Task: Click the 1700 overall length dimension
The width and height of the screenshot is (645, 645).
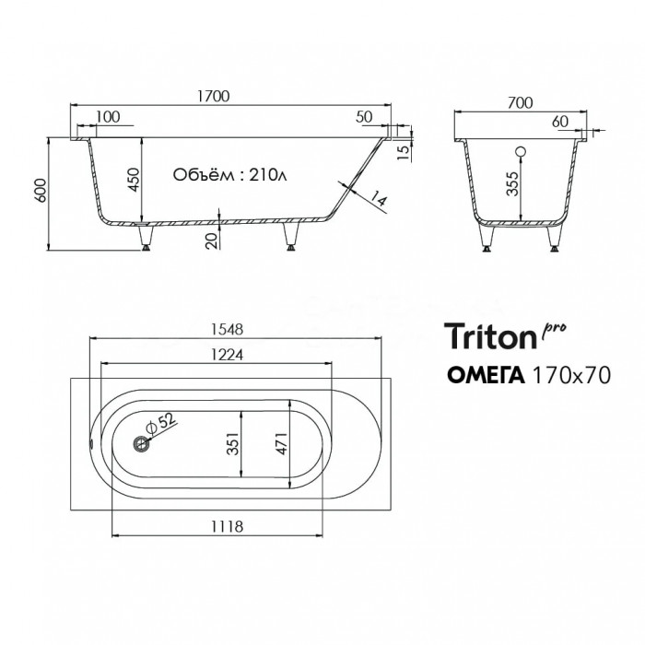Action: pyautogui.click(x=213, y=96)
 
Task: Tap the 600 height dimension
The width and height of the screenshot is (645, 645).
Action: pyautogui.click(x=41, y=191)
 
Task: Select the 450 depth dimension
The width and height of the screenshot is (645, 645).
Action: pyautogui.click(x=135, y=180)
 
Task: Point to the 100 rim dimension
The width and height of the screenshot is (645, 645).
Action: pyautogui.click(x=108, y=117)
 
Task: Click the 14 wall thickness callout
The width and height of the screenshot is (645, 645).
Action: pyautogui.click(x=379, y=198)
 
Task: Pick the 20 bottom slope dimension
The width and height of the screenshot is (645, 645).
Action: pyautogui.click(x=211, y=240)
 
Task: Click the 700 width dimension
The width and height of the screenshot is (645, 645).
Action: pyautogui.click(x=520, y=102)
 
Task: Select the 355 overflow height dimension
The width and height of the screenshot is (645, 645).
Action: pyautogui.click(x=512, y=183)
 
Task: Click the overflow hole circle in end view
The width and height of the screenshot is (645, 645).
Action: pyautogui.click(x=522, y=152)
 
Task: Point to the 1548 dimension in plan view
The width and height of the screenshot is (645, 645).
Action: pyautogui.click(x=227, y=330)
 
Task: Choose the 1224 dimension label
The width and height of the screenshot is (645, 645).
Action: pyautogui.click(x=227, y=355)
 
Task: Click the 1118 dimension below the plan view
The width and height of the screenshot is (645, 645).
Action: pyautogui.click(x=227, y=526)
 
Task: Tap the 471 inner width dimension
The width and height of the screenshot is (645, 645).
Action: pyautogui.click(x=282, y=443)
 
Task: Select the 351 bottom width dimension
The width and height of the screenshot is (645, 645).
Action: pyautogui.click(x=233, y=443)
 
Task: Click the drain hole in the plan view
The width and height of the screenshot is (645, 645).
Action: pyautogui.click(x=141, y=443)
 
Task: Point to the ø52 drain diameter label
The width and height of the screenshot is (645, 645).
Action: pyautogui.click(x=161, y=423)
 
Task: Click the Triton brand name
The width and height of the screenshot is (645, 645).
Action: pyautogui.click(x=491, y=336)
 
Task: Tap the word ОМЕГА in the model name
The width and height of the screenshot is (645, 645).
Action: pyautogui.click(x=486, y=375)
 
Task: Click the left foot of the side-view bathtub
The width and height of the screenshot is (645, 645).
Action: pyautogui.click(x=146, y=238)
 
